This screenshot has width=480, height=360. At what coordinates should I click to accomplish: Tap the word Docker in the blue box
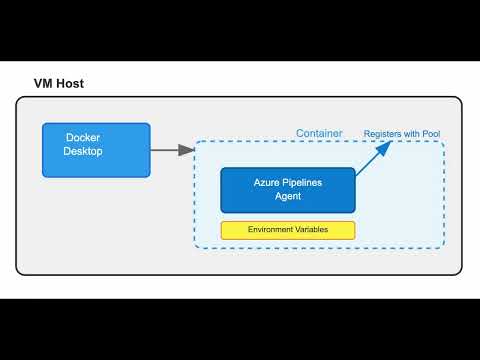pyautogui.click(x=84, y=137)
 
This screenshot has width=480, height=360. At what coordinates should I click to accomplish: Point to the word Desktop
pyautogui.click(x=84, y=152)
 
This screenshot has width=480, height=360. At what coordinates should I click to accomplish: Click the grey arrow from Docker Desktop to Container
pyautogui.click(x=168, y=150)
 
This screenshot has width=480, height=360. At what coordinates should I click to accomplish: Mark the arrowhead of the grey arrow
pyautogui.click(x=187, y=150)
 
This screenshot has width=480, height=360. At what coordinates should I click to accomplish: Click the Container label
pyautogui.click(x=319, y=133)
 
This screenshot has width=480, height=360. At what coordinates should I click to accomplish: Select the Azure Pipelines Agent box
pyautogui.click(x=288, y=189)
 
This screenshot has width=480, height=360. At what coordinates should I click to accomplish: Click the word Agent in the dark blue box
pyautogui.click(x=288, y=196)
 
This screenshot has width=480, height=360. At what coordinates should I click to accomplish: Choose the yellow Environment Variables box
pyautogui.click(x=288, y=230)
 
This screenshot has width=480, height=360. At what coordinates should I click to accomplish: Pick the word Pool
pyautogui.click(x=430, y=133)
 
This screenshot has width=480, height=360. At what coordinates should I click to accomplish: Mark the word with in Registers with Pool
pyautogui.click(x=411, y=133)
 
